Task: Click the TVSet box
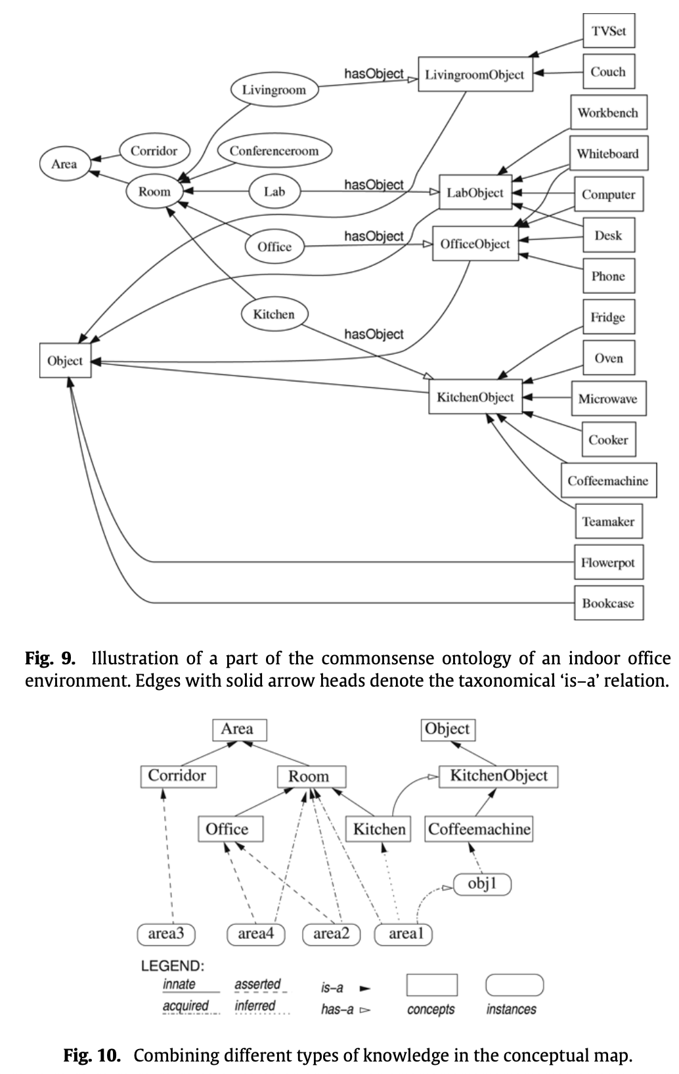tap(609, 31)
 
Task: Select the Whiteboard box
tap(607, 154)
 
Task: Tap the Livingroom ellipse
tap(274, 90)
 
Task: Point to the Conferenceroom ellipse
tap(274, 151)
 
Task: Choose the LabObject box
tap(475, 192)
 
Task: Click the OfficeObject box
tap(475, 244)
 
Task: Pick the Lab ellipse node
tap(274, 192)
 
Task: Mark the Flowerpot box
tap(608, 563)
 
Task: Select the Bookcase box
tap(608, 603)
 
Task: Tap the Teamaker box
tap(608, 522)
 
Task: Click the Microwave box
tap(607, 399)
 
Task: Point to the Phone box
tap(608, 276)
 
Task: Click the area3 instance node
tap(166, 934)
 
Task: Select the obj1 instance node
tap(482, 884)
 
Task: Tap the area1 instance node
tap(403, 934)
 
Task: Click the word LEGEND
tap(173, 966)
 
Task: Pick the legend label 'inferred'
tap(255, 1006)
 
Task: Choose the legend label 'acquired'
tap(186, 1006)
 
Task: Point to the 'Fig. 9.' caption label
tap(50, 658)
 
